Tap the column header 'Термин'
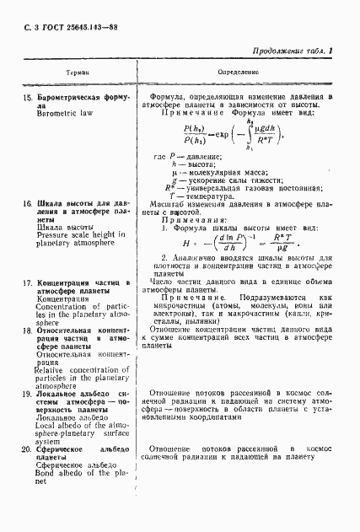click(x=63, y=74)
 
